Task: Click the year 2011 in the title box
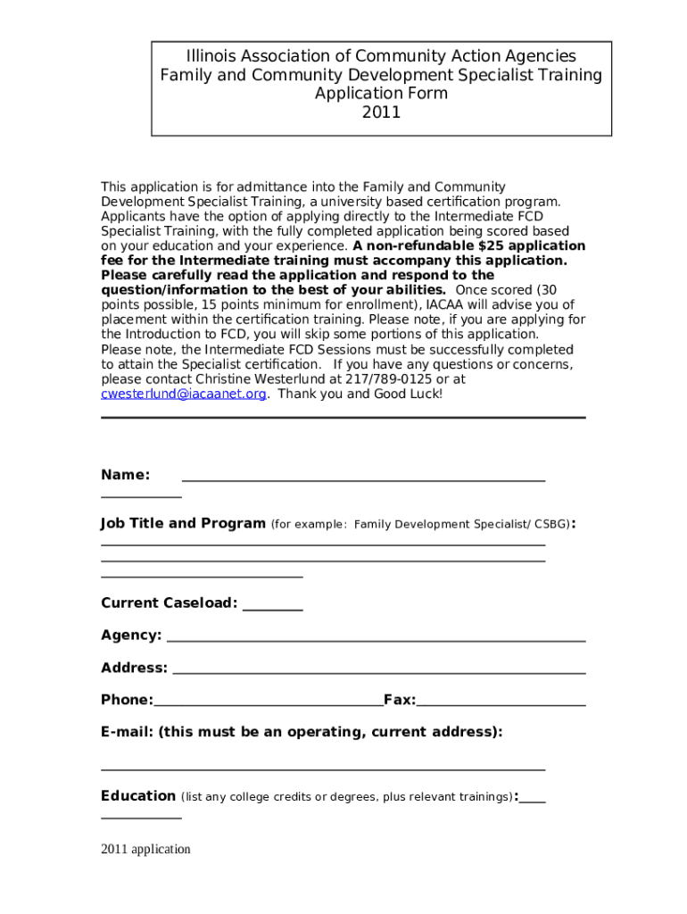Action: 381,112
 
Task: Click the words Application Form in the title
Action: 381,94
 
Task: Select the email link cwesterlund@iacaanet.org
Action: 183,394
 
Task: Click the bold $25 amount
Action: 494,245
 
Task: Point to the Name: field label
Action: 125,475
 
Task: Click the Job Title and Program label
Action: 183,523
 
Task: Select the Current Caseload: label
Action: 169,602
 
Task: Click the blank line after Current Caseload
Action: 273,605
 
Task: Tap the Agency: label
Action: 131,635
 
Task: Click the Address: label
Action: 134,668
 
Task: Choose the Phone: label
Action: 127,700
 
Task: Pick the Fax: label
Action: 400,700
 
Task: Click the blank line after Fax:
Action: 501,702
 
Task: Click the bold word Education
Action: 138,795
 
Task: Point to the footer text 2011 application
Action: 145,849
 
